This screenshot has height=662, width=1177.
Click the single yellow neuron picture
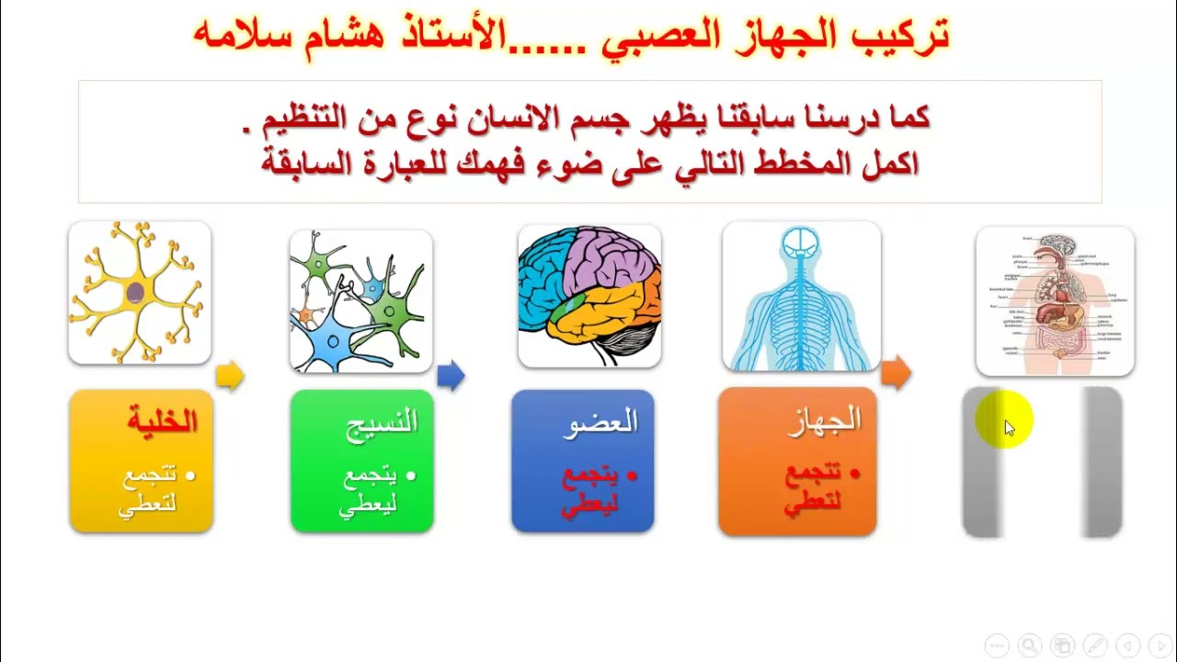pos(140,292)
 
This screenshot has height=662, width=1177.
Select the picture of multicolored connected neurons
pos(360,301)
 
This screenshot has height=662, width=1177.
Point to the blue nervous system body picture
pos(801,296)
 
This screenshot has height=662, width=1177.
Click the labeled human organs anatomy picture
pos(1055,302)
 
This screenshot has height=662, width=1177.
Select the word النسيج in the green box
pos(382,422)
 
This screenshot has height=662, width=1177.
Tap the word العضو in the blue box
pos(604,422)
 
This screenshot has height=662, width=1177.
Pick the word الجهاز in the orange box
pos(825,420)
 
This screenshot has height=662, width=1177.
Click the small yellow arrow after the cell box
pos(230,375)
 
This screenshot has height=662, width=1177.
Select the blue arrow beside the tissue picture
pos(451,375)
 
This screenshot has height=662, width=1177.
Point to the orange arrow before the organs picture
pos(896,372)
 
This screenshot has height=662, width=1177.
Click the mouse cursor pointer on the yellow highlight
pos(1009,428)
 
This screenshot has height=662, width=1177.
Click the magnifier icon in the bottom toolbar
pos(1029,645)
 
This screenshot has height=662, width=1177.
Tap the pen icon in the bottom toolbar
pos(1095,645)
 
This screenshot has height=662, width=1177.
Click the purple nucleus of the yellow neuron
pos(135,292)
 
